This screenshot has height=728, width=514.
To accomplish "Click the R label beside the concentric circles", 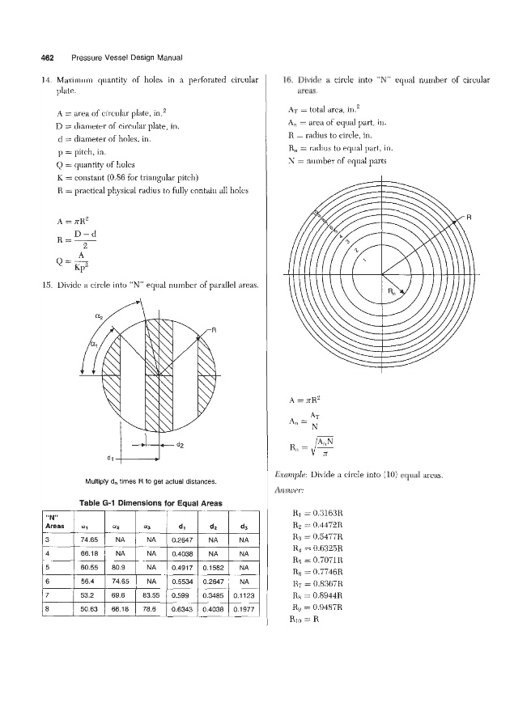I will [x=467, y=218].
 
